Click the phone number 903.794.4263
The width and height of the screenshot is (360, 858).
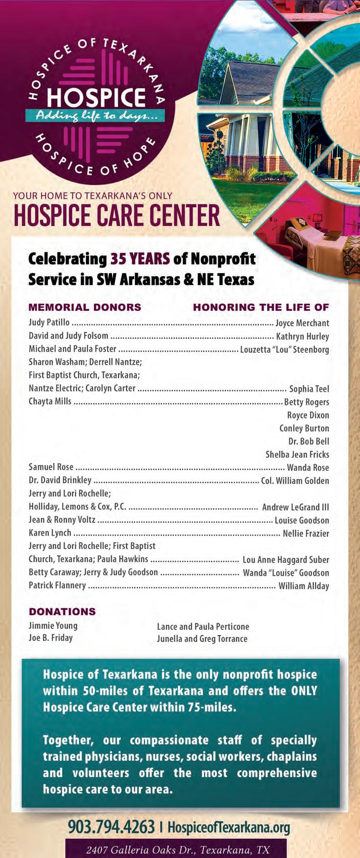tap(111, 827)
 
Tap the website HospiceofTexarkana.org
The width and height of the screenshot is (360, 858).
tap(229, 828)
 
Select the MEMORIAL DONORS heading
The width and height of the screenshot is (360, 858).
tap(85, 307)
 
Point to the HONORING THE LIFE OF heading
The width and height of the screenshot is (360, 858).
tap(261, 307)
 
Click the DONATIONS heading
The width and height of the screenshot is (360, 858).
tap(62, 612)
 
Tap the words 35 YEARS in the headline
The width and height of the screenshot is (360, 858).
tap(140, 259)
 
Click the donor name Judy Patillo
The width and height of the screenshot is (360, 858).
tap(49, 323)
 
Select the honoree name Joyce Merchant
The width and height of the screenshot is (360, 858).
tap(302, 323)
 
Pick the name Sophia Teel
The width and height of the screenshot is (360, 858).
tap(309, 389)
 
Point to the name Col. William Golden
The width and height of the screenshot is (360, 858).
tap(295, 480)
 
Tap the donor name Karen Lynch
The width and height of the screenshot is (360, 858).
tap(50, 533)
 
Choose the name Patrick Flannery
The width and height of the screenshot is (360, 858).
tap(57, 585)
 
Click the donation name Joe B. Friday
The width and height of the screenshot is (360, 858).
tap(50, 638)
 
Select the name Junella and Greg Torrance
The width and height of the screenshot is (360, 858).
tap(202, 639)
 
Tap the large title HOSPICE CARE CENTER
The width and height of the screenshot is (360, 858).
tap(117, 216)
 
